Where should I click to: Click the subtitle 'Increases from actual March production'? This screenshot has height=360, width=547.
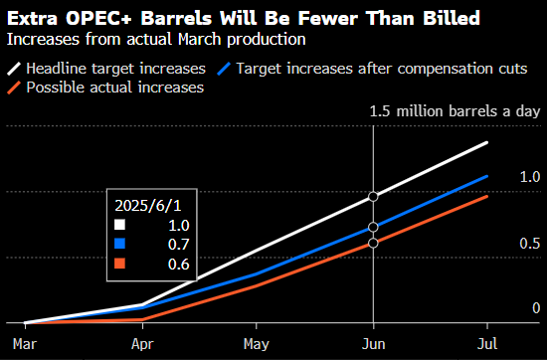[x=155, y=39]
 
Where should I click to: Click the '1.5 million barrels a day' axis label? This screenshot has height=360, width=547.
[x=455, y=111]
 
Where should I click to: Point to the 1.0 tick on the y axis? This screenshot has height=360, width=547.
[x=530, y=176]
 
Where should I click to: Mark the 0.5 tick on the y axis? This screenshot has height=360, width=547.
[x=530, y=244]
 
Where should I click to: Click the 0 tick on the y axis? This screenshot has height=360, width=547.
[x=535, y=309]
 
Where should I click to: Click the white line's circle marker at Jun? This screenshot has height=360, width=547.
[x=373, y=197]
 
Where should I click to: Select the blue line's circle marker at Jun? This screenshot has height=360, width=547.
[x=373, y=227]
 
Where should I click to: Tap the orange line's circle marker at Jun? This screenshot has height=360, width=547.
[x=373, y=243]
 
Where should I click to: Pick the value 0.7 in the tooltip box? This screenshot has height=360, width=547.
[x=178, y=244]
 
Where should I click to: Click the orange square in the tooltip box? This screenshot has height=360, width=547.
[x=120, y=263]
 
